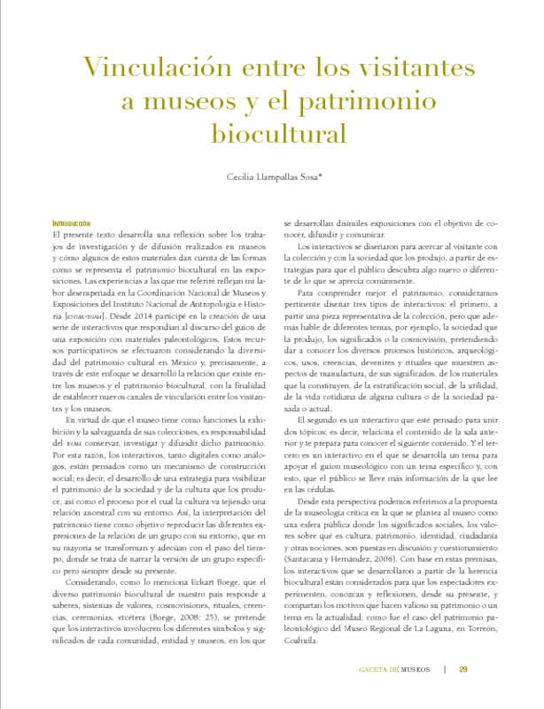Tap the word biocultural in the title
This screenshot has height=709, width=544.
[271, 135]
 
